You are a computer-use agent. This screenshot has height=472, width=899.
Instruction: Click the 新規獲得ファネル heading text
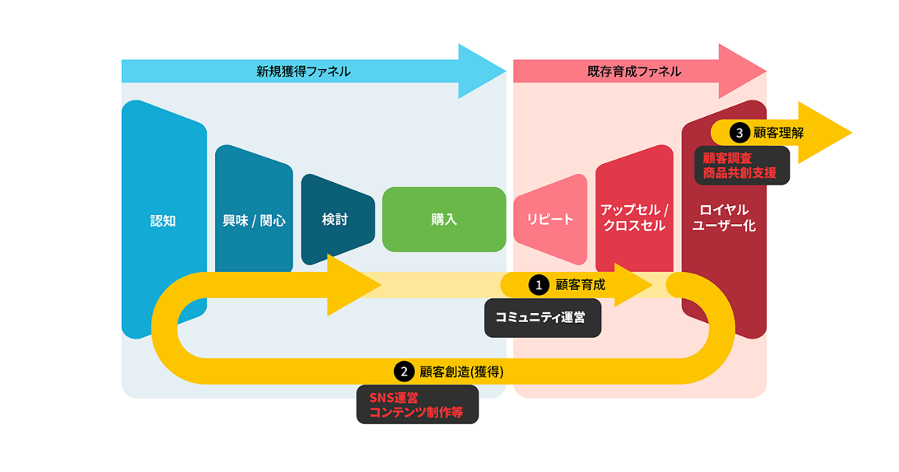(303, 71)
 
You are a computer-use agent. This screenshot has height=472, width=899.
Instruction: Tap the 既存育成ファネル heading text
(634, 71)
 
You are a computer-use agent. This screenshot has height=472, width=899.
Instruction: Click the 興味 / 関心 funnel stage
(254, 209)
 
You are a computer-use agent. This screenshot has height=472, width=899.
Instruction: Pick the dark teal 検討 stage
(338, 219)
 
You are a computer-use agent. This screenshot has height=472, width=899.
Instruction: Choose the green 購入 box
(444, 220)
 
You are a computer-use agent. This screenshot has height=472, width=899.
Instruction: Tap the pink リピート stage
(550, 219)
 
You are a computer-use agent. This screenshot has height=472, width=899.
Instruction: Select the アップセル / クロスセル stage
(635, 209)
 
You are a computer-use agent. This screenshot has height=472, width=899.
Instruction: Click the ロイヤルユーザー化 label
(724, 217)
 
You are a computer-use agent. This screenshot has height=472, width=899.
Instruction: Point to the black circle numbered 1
(539, 285)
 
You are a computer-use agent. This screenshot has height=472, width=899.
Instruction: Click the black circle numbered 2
(404, 372)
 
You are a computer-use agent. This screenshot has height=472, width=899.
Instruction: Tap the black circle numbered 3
(739, 133)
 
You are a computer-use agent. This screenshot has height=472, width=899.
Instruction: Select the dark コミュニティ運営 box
(542, 318)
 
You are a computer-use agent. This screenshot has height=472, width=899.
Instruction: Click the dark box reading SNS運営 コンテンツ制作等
(417, 405)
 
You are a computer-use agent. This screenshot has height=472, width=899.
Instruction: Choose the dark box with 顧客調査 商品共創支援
(742, 166)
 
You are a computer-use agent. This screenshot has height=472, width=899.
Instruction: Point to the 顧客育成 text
(581, 285)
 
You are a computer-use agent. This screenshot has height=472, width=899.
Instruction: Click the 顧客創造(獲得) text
(461, 372)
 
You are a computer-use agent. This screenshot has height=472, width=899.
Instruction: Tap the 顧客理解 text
(778, 133)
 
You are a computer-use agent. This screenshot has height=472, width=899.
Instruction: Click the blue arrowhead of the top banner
(482, 71)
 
